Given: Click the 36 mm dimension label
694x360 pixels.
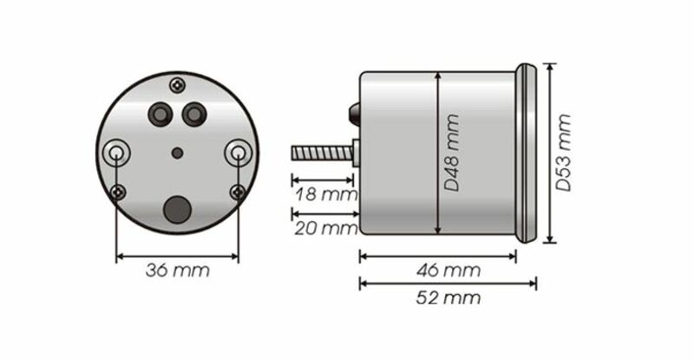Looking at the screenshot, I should (177, 271).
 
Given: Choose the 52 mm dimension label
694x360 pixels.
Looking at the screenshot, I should (448, 299).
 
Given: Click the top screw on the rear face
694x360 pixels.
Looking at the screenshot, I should (178, 85).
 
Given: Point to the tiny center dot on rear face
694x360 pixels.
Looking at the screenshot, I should (177, 153).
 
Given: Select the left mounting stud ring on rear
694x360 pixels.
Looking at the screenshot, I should (116, 153).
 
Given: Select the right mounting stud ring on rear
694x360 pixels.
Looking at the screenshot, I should (238, 153).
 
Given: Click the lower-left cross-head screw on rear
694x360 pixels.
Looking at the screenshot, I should (119, 192).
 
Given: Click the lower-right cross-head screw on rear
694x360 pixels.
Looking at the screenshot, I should (236, 192).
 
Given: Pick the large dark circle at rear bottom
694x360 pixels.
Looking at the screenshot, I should (177, 209).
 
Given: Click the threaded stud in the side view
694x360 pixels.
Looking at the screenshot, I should (321, 154).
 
